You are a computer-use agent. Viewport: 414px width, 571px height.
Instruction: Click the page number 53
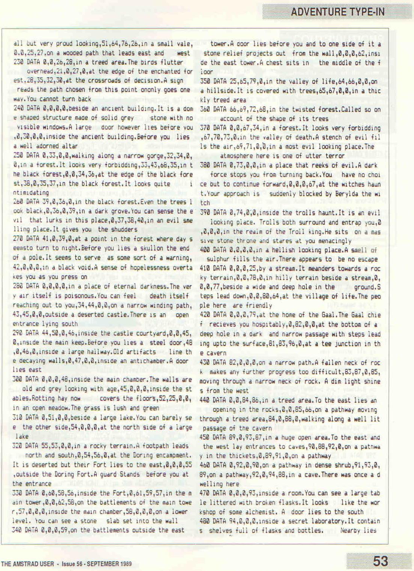point(380,561)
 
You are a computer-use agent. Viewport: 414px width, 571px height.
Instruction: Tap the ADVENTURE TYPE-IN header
point(337,12)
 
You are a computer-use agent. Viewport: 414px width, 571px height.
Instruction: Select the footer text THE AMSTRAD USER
point(27,564)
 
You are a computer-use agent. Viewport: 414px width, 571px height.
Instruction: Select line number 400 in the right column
point(206,250)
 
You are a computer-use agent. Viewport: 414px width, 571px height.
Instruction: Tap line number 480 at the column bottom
point(206,521)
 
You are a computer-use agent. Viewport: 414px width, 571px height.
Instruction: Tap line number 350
point(206,81)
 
